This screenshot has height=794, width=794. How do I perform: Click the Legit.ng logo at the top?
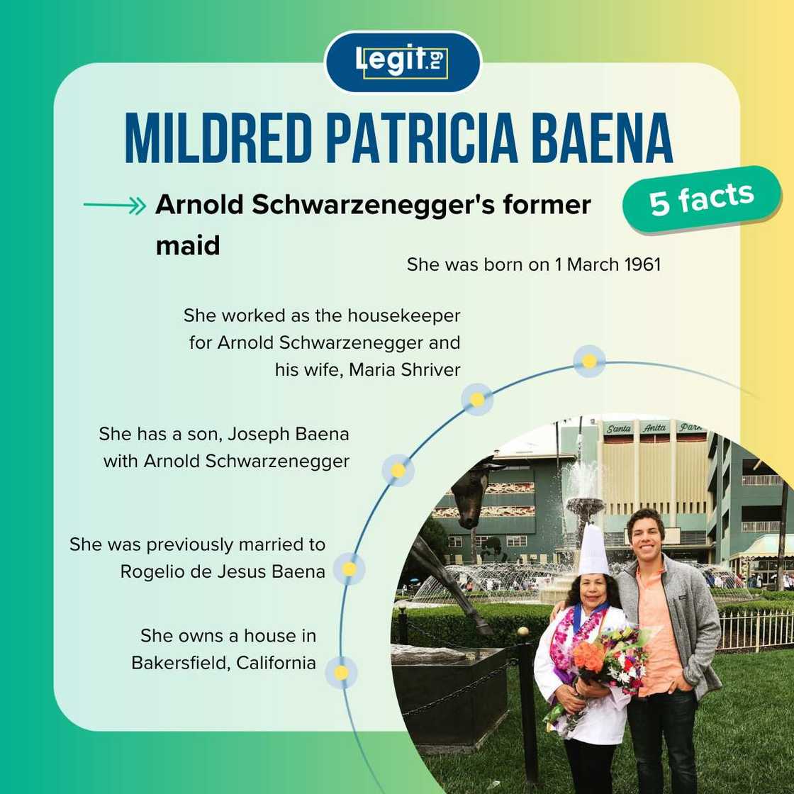point(402,62)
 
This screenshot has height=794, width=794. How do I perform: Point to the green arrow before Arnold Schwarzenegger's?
point(114,206)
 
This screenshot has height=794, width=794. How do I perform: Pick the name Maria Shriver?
point(405,369)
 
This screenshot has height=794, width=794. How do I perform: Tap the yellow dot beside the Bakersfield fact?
point(341,672)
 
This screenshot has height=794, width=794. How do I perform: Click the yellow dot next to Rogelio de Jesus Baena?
point(349,569)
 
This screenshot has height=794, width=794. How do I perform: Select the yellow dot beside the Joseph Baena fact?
point(398,470)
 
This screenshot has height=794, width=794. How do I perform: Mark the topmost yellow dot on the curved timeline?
point(588,361)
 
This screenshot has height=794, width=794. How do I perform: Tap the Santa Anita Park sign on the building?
point(654,428)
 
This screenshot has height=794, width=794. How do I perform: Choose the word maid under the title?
point(187,245)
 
